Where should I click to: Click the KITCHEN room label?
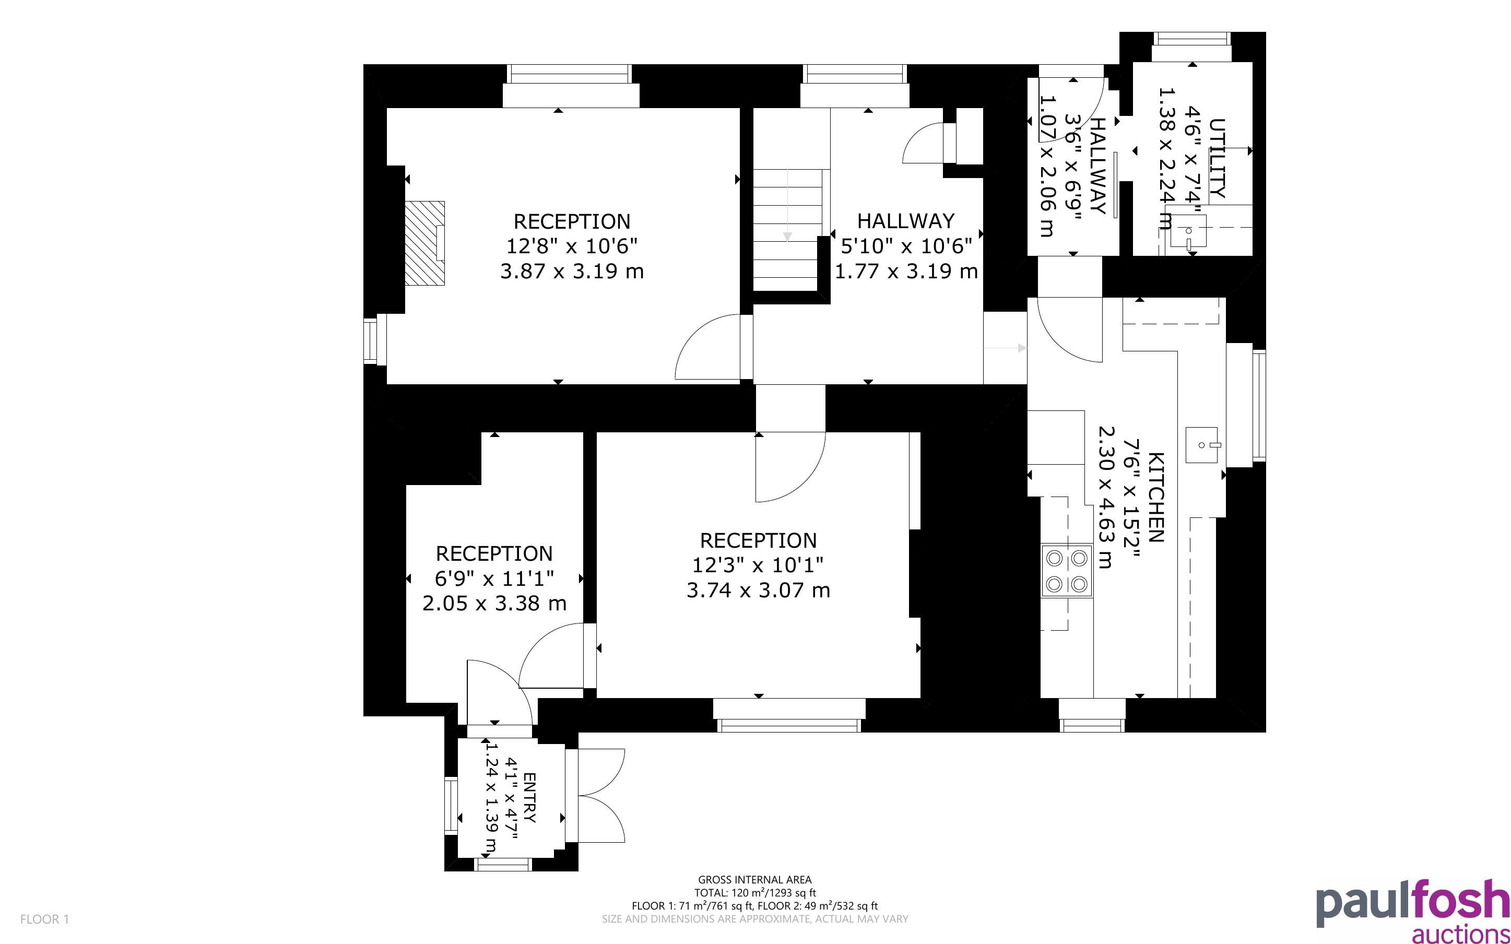tap(1155, 497)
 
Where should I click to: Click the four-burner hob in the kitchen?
tap(1067, 571)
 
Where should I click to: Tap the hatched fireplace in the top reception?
tap(425, 243)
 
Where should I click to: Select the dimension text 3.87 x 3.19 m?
tap(572, 272)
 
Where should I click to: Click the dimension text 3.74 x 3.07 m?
tap(758, 591)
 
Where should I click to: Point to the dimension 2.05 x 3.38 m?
tap(494, 604)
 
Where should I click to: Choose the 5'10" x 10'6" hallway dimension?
tap(906, 246)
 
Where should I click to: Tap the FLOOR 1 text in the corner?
tap(44, 919)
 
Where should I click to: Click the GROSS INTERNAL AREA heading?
tap(754, 880)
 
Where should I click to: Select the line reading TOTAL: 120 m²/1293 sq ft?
tap(754, 893)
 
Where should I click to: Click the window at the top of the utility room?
tap(1192, 39)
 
